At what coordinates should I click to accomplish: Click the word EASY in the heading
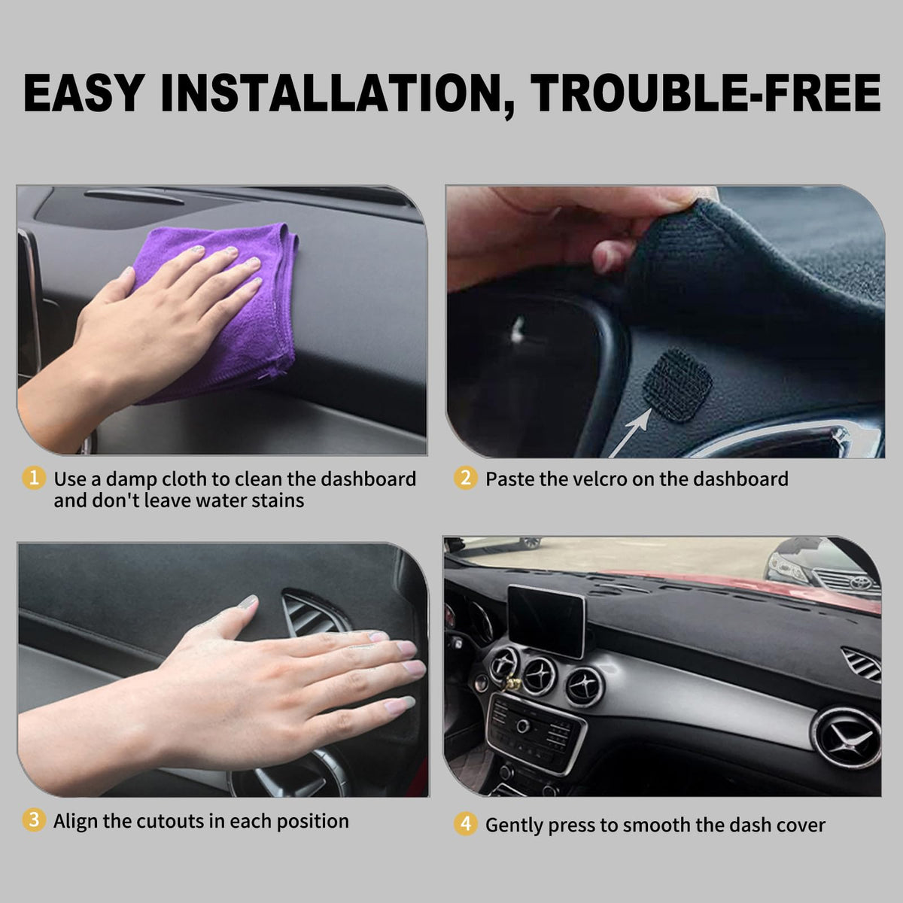pos(84,93)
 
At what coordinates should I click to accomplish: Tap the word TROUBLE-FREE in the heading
pos(706,93)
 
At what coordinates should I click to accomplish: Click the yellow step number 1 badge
pos(34,478)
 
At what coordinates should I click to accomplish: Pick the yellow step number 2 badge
pos(465,478)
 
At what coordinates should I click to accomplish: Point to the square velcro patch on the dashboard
pos(677,385)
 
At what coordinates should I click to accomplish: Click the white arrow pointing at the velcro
pos(631,433)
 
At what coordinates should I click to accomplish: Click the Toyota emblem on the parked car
pos(862,583)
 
